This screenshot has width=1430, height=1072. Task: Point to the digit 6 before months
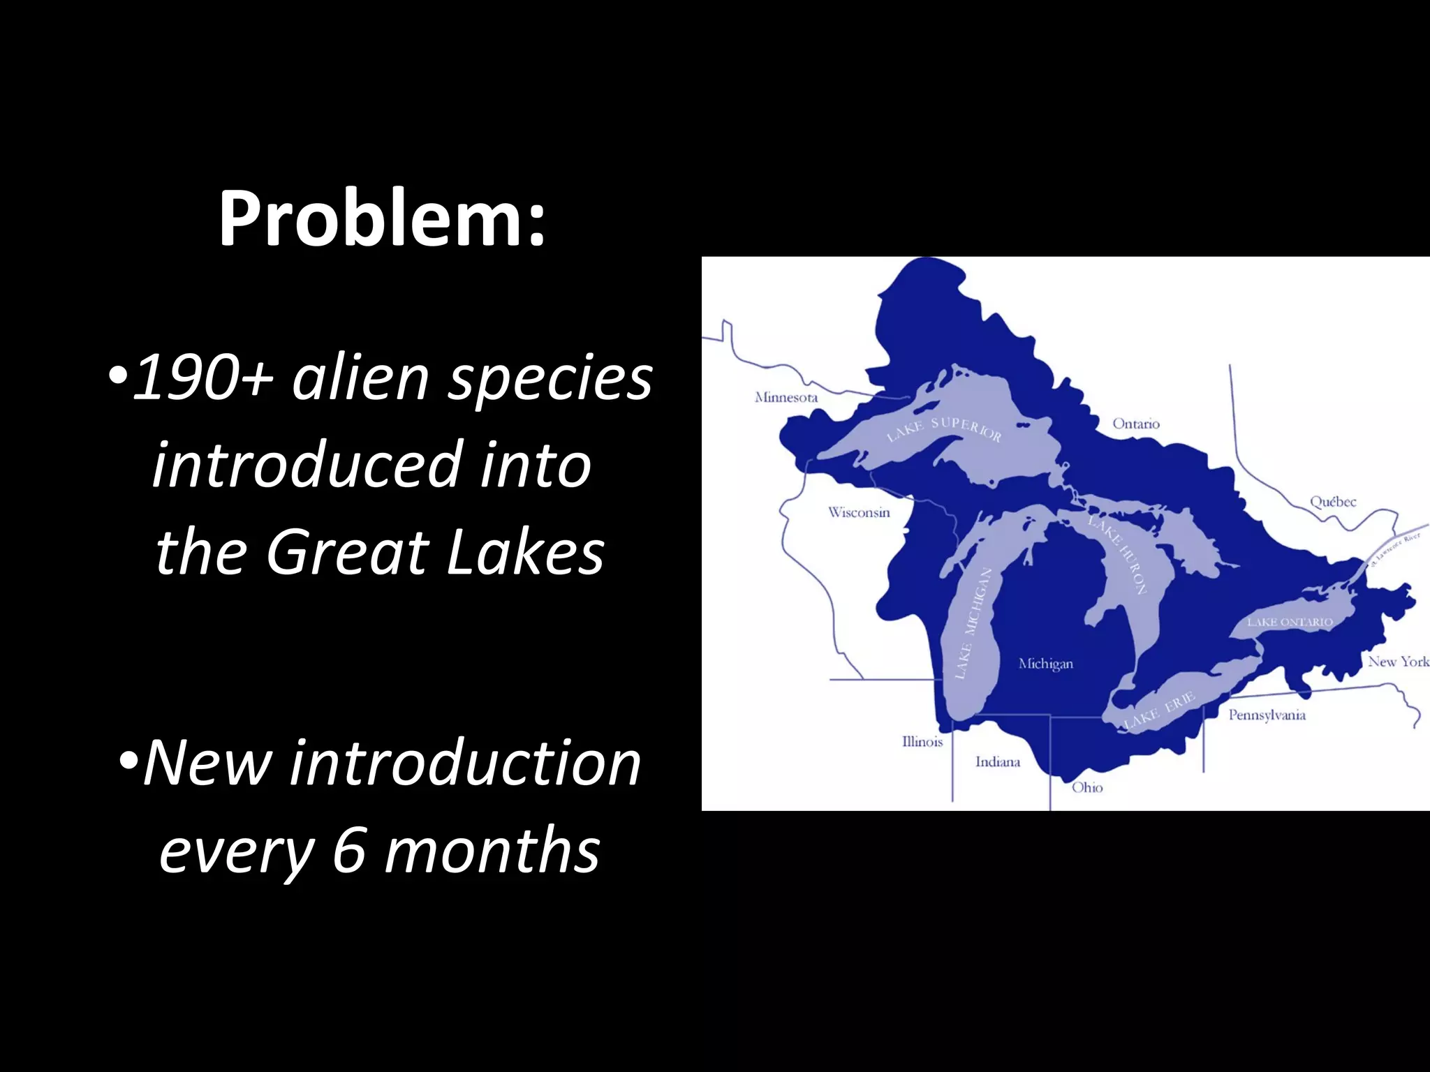coord(348,849)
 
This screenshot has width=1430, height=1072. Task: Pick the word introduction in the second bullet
coord(465,762)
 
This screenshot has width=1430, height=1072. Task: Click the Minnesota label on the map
coord(786,397)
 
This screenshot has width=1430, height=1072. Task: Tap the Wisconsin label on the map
coord(859,512)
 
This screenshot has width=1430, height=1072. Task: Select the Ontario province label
coord(1136,424)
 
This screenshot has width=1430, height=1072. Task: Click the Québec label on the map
coord(1333,501)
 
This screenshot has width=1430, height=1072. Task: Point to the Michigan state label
coord(1045,663)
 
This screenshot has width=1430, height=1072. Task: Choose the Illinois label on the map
coord(922,741)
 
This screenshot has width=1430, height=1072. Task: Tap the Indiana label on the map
coord(998,761)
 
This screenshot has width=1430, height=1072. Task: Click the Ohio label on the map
coord(1087,787)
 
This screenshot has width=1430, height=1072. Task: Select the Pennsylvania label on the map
coord(1267,715)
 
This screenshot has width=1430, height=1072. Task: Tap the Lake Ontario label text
coord(1290,621)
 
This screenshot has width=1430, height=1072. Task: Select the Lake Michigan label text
coord(973,623)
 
